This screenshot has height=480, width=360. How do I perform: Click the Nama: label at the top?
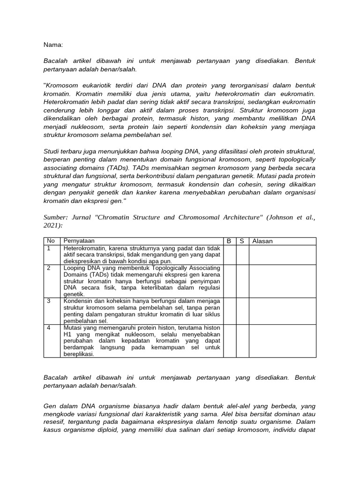(x=53, y=45)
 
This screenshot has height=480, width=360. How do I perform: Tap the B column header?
(x=229, y=241)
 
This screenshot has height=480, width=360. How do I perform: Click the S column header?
(x=242, y=241)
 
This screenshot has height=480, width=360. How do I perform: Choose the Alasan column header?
(x=262, y=241)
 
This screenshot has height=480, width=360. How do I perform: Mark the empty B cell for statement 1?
(x=229, y=255)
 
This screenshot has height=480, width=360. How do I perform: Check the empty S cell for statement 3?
(x=242, y=310)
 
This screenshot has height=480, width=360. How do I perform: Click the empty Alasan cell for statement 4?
(x=282, y=340)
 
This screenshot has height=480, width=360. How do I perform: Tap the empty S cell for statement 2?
(x=242, y=281)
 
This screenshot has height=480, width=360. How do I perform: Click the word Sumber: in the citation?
(x=56, y=217)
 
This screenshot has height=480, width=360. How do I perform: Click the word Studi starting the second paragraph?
(x=52, y=150)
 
